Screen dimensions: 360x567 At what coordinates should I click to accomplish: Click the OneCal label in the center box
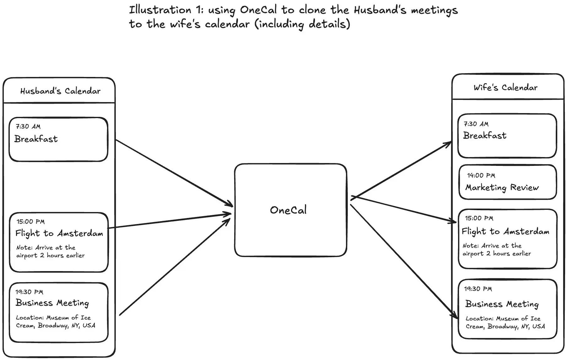pyautogui.click(x=288, y=210)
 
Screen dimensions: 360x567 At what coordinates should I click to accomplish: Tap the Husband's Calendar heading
pyautogui.click(x=60, y=91)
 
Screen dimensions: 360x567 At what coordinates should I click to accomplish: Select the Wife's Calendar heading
pyautogui.click(x=505, y=88)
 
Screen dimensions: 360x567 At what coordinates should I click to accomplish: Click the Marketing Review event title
pyautogui.click(x=502, y=188)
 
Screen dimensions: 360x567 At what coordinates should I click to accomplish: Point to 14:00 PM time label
pyautogui.click(x=481, y=176)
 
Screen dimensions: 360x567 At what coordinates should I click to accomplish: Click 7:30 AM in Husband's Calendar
pyautogui.click(x=28, y=127)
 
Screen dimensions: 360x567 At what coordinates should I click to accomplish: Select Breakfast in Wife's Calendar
pyautogui.click(x=484, y=136)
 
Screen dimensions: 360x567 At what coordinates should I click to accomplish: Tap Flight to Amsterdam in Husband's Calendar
pyautogui.click(x=59, y=233)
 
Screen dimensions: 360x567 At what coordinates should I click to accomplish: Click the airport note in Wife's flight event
pyautogui.click(x=496, y=250)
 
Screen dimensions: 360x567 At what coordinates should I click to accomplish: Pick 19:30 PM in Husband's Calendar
pyautogui.click(x=29, y=292)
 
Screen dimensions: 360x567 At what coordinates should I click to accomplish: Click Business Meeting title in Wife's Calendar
pyautogui.click(x=502, y=304)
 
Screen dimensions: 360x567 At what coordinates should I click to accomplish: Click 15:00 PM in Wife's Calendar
pyautogui.click(x=479, y=218)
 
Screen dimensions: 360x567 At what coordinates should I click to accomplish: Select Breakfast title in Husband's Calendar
pyautogui.click(x=36, y=139)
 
